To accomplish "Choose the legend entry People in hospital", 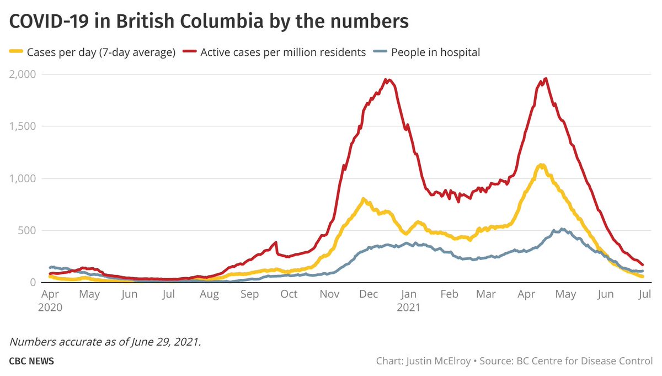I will pyautogui.click(x=435, y=52).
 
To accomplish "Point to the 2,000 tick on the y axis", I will pyautogui.click(x=22, y=74).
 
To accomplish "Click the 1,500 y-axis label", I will pyautogui.click(x=22, y=126).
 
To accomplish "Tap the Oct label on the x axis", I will pyautogui.click(x=289, y=294).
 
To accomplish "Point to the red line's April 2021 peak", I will pyautogui.click(x=546, y=78).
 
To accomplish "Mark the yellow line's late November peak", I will pyautogui.click(x=363, y=199).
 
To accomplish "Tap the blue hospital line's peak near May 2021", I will pyautogui.click(x=562, y=229).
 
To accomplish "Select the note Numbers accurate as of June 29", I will pyautogui.click(x=105, y=342).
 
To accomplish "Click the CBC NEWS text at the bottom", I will pyautogui.click(x=31, y=362).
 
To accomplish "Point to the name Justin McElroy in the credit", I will pyautogui.click(x=439, y=362).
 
